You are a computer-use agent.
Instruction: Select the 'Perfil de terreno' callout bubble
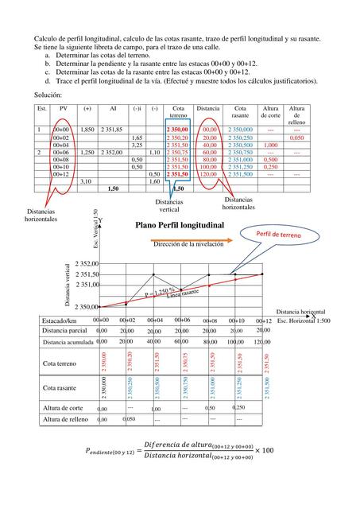click(278, 235)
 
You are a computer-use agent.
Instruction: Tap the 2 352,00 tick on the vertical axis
click(87, 263)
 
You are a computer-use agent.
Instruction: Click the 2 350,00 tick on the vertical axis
click(87, 306)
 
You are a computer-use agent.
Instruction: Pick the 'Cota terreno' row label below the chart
click(60, 363)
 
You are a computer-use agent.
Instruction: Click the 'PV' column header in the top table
click(64, 108)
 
